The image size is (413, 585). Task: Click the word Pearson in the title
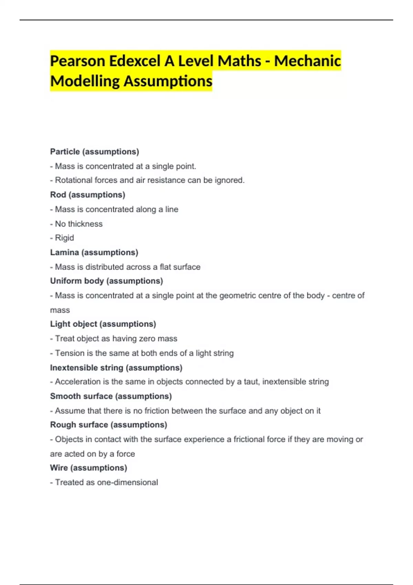coord(77,61)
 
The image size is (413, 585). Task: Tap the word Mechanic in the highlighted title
coord(307,61)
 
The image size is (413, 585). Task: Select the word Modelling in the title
coord(85,81)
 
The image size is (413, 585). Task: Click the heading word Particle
coord(65,152)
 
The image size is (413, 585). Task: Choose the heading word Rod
coord(58,195)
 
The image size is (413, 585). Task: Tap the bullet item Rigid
coord(64,238)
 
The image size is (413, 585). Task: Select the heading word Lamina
coord(64,253)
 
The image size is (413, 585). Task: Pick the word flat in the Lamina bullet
coord(166,267)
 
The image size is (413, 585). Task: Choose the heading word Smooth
coord(63,396)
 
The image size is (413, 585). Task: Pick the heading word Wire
coord(59,468)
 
